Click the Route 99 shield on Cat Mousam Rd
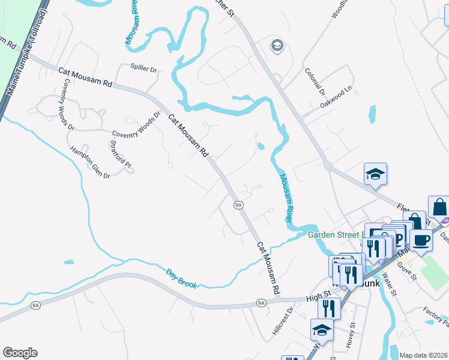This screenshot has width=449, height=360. click(238, 205)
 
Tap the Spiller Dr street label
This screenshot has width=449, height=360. click(143, 69)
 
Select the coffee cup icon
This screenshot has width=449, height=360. click(421, 240)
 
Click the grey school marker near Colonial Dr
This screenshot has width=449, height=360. click(277, 45)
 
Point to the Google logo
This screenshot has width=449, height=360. click(20, 353)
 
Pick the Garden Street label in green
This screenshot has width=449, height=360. click(336, 235)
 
